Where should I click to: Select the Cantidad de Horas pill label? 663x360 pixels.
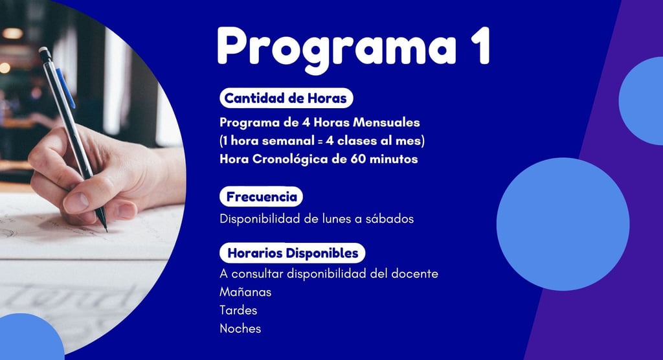coord(286,98)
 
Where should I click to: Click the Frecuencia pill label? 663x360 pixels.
coord(262,197)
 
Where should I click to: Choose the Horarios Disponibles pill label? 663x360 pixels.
coord(293,253)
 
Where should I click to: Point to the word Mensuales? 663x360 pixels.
coord(387,122)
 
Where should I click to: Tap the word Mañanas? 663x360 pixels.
coord(245,292)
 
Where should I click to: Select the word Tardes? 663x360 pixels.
coord(238,311)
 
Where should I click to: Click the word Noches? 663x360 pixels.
coord(240,329)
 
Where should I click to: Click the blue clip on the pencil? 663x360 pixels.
coord(65,87)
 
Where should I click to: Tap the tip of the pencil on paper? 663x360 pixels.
coord(106,231)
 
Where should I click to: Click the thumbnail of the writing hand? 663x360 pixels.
coord(77,202)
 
